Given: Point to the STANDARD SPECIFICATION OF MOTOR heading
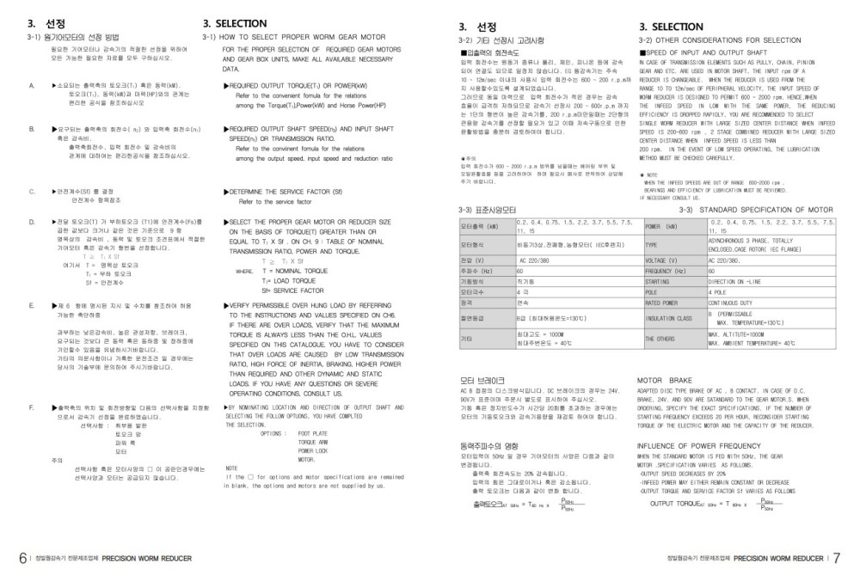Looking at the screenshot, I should click(x=756, y=209).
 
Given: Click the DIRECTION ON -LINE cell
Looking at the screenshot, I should click(x=734, y=281).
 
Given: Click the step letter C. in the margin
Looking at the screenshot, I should click(x=32, y=191).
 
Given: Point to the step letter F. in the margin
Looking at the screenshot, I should click(x=32, y=406).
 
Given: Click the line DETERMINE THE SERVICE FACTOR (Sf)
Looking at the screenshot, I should click(x=284, y=191).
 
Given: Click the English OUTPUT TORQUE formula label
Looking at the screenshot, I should click(x=680, y=504).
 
